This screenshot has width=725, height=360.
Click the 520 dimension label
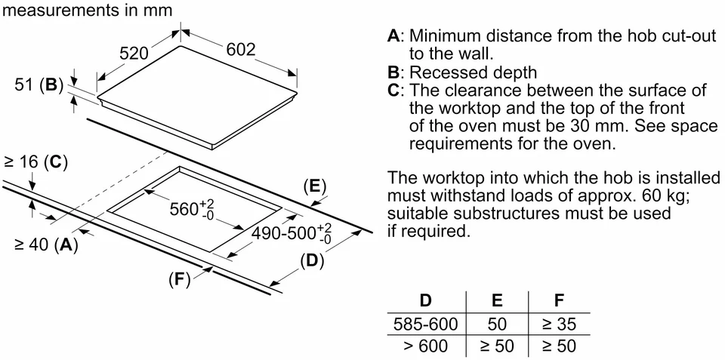(x=134, y=54)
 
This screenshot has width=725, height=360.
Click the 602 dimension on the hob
(x=241, y=50)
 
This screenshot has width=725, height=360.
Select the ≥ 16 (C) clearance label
(x=35, y=162)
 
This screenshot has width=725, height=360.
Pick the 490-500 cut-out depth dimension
(x=292, y=233)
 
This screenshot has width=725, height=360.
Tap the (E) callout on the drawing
(x=314, y=186)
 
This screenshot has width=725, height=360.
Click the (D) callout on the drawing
(x=312, y=262)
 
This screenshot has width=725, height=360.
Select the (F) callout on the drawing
(x=180, y=280)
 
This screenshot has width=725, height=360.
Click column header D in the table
(x=425, y=300)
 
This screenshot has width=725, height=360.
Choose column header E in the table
(x=497, y=300)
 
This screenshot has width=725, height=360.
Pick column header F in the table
(x=559, y=300)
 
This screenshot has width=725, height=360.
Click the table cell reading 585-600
(x=425, y=324)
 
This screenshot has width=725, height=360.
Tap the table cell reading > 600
(x=425, y=346)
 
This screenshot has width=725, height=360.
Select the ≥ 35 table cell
(x=559, y=324)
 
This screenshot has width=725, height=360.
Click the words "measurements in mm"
(x=88, y=10)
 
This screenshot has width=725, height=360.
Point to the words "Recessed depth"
(x=473, y=72)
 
